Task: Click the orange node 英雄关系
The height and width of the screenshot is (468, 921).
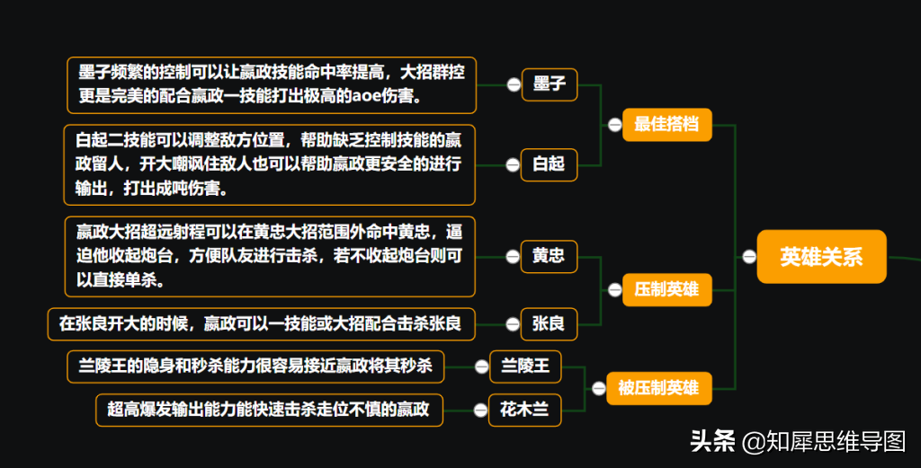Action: pyautogui.click(x=821, y=257)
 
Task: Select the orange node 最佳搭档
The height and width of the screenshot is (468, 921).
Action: pyautogui.click(x=666, y=125)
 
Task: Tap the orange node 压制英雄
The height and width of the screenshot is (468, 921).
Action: pyautogui.click(x=666, y=290)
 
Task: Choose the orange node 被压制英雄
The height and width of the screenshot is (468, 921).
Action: pyautogui.click(x=657, y=388)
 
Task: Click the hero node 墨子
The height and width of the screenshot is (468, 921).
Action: pyautogui.click(x=549, y=84)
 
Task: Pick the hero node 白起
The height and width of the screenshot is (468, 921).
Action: pyautogui.click(x=549, y=163)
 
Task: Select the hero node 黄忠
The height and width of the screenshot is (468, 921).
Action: pyautogui.click(x=549, y=256)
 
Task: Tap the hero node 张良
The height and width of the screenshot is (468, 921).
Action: pyautogui.click(x=549, y=323)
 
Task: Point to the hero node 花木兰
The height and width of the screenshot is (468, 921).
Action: pyautogui.click(x=524, y=411)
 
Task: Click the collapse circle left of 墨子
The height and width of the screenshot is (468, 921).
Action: pyautogui.click(x=513, y=84)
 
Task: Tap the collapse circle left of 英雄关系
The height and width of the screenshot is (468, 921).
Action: pyautogui.click(x=748, y=257)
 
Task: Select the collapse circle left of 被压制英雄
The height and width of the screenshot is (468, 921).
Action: pyautogui.click(x=598, y=388)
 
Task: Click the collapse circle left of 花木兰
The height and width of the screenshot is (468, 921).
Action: pyautogui.click(x=480, y=411)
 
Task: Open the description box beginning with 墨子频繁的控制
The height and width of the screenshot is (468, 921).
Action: pyautogui.click(x=272, y=85)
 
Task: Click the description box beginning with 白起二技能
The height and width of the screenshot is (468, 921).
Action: pyautogui.click(x=269, y=164)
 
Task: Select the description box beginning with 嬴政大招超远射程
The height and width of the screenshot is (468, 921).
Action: pyautogui.click(x=270, y=256)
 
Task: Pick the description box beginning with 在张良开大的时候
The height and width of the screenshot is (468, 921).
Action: pyautogui.click(x=260, y=323)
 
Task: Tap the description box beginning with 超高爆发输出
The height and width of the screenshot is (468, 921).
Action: pyautogui.click(x=269, y=411)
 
